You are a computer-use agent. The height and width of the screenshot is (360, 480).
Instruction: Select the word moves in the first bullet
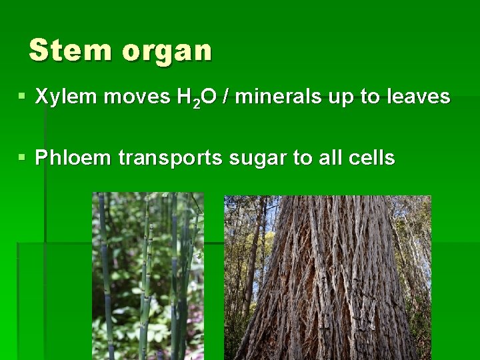click(x=135, y=97)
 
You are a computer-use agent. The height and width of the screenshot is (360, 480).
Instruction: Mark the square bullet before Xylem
click(x=23, y=97)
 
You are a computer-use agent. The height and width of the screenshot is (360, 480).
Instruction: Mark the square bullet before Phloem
click(x=23, y=158)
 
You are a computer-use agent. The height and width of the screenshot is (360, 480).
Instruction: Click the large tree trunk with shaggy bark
click(x=333, y=287)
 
